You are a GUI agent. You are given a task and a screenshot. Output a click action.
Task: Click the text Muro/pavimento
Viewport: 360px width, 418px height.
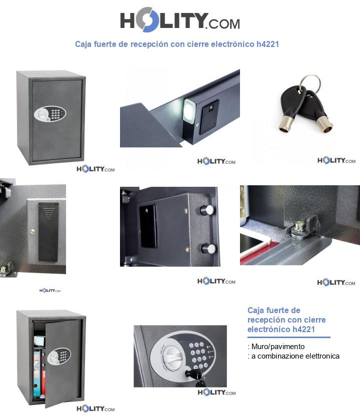coord(277,346)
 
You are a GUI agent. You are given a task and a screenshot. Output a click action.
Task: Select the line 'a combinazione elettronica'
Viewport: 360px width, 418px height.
coord(294,356)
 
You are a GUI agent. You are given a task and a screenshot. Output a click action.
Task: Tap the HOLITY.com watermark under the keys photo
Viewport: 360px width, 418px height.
coord(336,160)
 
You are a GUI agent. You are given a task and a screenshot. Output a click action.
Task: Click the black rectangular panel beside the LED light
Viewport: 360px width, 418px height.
coord(209,117)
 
